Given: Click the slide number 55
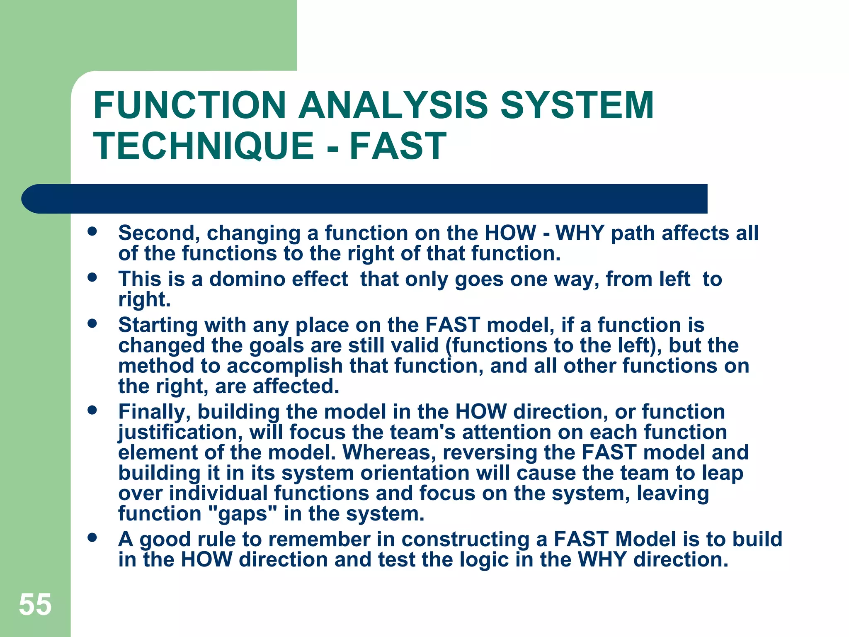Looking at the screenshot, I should pyautogui.click(x=35, y=605).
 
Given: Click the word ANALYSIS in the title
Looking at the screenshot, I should pyautogui.click(x=393, y=105).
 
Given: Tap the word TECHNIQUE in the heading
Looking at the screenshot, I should pyautogui.click(x=204, y=146).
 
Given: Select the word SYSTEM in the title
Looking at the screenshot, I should pyautogui.click(x=577, y=105).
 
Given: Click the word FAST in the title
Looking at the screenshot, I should pyautogui.click(x=398, y=146).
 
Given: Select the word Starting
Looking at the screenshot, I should pyautogui.click(x=158, y=326).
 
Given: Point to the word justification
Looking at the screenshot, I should pyautogui.click(x=180, y=433).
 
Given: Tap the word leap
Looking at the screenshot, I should pyautogui.click(x=723, y=473).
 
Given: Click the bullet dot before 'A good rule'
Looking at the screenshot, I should pyautogui.click(x=92, y=538).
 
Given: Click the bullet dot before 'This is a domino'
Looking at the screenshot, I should pyautogui.click(x=92, y=277).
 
